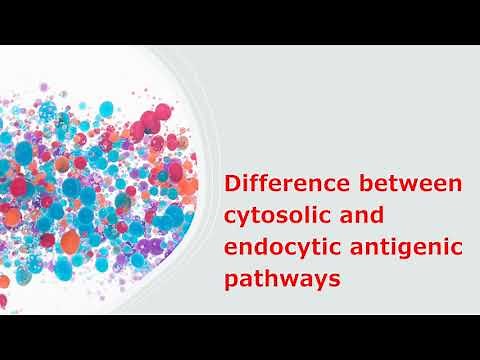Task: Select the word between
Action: tap(410, 185)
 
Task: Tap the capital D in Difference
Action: tap(233, 185)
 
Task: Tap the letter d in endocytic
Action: tap(261, 249)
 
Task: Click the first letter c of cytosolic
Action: tap(231, 219)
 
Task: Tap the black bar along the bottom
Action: tap(240, 337)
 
